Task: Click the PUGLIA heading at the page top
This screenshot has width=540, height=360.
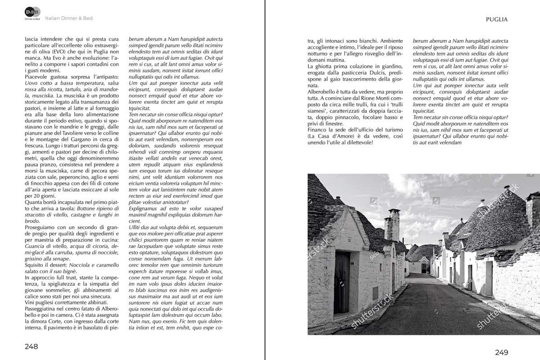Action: click(x=497, y=19)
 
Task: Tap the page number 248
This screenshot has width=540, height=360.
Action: click(x=31, y=346)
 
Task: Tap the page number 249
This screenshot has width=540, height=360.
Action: click(x=501, y=352)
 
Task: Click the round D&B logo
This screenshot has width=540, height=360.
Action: click(x=32, y=12)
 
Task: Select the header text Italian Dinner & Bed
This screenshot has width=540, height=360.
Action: click(x=69, y=18)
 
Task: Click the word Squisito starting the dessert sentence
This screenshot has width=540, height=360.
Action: click(x=36, y=265)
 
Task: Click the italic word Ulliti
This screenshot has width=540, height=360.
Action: click(x=136, y=228)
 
